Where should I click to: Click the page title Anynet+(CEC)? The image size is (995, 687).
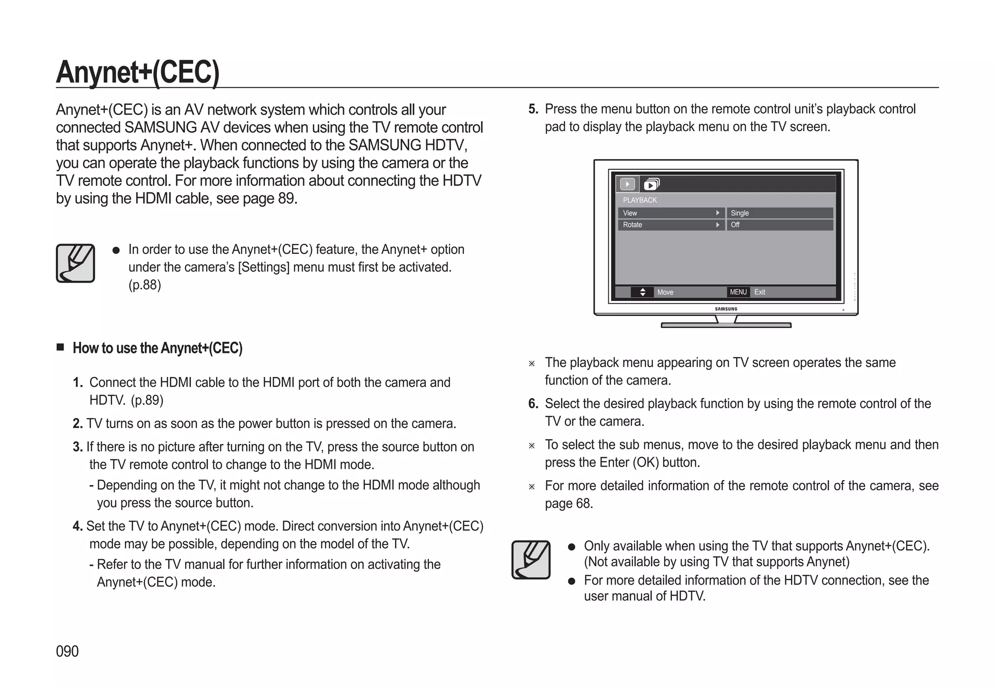click(137, 72)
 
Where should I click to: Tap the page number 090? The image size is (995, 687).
click(67, 651)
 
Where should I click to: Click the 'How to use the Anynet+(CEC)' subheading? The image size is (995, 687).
click(157, 348)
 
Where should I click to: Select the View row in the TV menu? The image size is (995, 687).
click(670, 213)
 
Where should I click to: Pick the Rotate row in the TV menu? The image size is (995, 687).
click(670, 225)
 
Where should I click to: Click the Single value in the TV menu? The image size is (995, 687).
click(779, 213)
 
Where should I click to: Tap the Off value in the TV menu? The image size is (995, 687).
click(779, 225)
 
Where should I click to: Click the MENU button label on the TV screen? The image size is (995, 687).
click(738, 292)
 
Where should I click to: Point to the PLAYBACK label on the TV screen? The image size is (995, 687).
click(639, 200)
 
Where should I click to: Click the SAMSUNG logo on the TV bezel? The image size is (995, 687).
click(726, 309)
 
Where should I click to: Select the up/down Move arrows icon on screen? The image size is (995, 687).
click(642, 292)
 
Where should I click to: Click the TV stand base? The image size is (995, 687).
click(726, 325)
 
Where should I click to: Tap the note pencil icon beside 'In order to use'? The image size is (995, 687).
click(75, 263)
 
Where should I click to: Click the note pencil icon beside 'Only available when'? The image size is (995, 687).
click(531, 559)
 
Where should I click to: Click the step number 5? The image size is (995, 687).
click(533, 109)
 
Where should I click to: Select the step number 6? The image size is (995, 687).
click(533, 404)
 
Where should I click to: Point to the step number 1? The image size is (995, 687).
click(78, 383)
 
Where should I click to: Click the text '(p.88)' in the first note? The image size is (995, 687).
click(144, 285)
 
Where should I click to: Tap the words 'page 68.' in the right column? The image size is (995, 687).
click(568, 503)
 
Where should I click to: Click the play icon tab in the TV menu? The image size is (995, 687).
click(627, 184)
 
